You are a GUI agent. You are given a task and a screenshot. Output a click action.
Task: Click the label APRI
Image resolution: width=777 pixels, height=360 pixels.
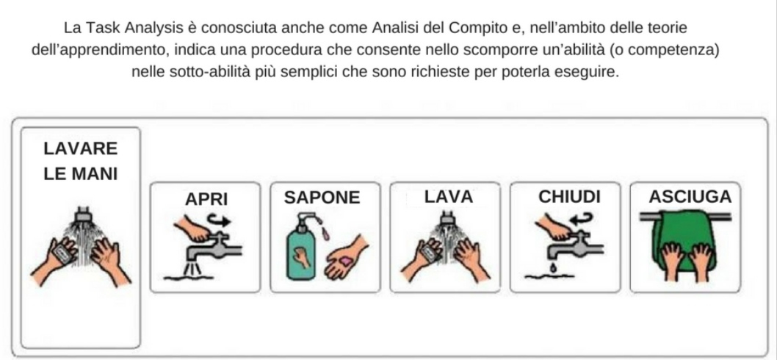(206, 199)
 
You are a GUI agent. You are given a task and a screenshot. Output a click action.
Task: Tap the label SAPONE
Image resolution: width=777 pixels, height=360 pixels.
(322, 198)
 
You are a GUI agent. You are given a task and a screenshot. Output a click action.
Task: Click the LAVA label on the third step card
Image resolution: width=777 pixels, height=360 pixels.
(449, 197)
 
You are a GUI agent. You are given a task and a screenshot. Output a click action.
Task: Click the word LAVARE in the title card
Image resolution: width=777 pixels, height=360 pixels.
(80, 148)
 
